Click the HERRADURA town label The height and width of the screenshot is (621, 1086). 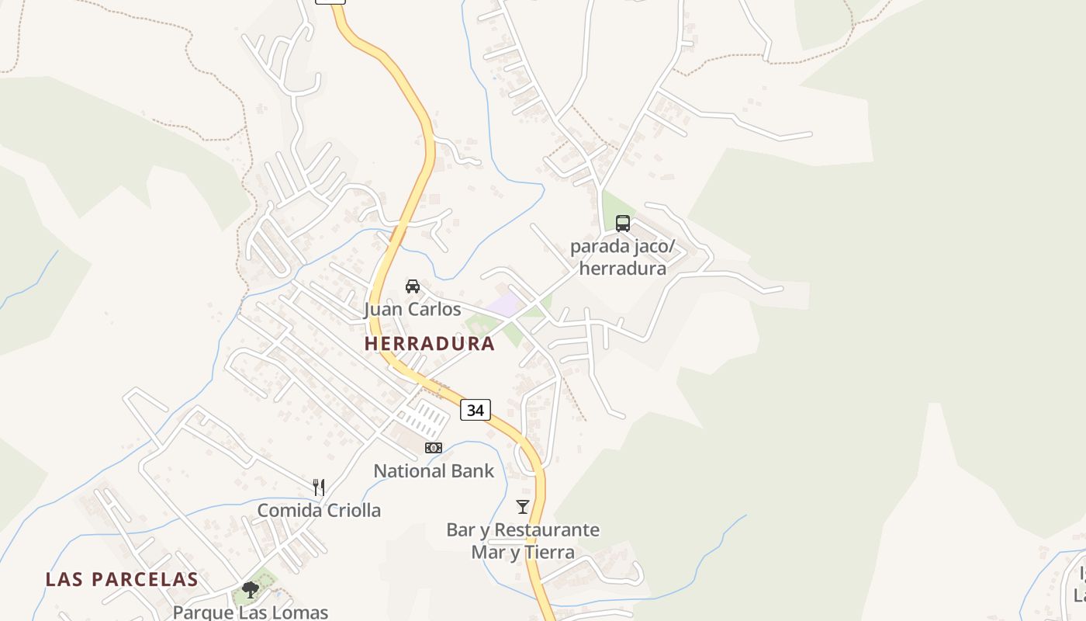click(429, 343)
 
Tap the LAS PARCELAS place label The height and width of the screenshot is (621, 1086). click(122, 579)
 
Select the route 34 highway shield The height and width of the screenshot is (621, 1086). click(476, 410)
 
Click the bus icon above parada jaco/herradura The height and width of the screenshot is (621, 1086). click(623, 224)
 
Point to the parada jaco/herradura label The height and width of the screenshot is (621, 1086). click(623, 258)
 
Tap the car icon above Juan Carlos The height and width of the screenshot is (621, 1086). click(413, 286)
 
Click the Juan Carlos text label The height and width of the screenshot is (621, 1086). click(413, 309)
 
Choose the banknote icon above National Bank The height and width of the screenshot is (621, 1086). click(434, 448)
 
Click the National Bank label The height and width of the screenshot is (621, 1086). click(434, 470)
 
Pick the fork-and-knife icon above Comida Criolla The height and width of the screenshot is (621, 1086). click(319, 487)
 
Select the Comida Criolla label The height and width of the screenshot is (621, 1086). click(319, 510)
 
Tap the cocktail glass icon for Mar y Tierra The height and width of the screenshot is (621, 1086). click(523, 507)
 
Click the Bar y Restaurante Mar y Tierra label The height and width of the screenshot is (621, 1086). click(523, 541)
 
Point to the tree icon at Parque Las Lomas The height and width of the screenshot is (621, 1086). click(250, 590)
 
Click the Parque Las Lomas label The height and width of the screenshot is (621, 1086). click(250, 612)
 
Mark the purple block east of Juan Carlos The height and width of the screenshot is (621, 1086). click(506, 305)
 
